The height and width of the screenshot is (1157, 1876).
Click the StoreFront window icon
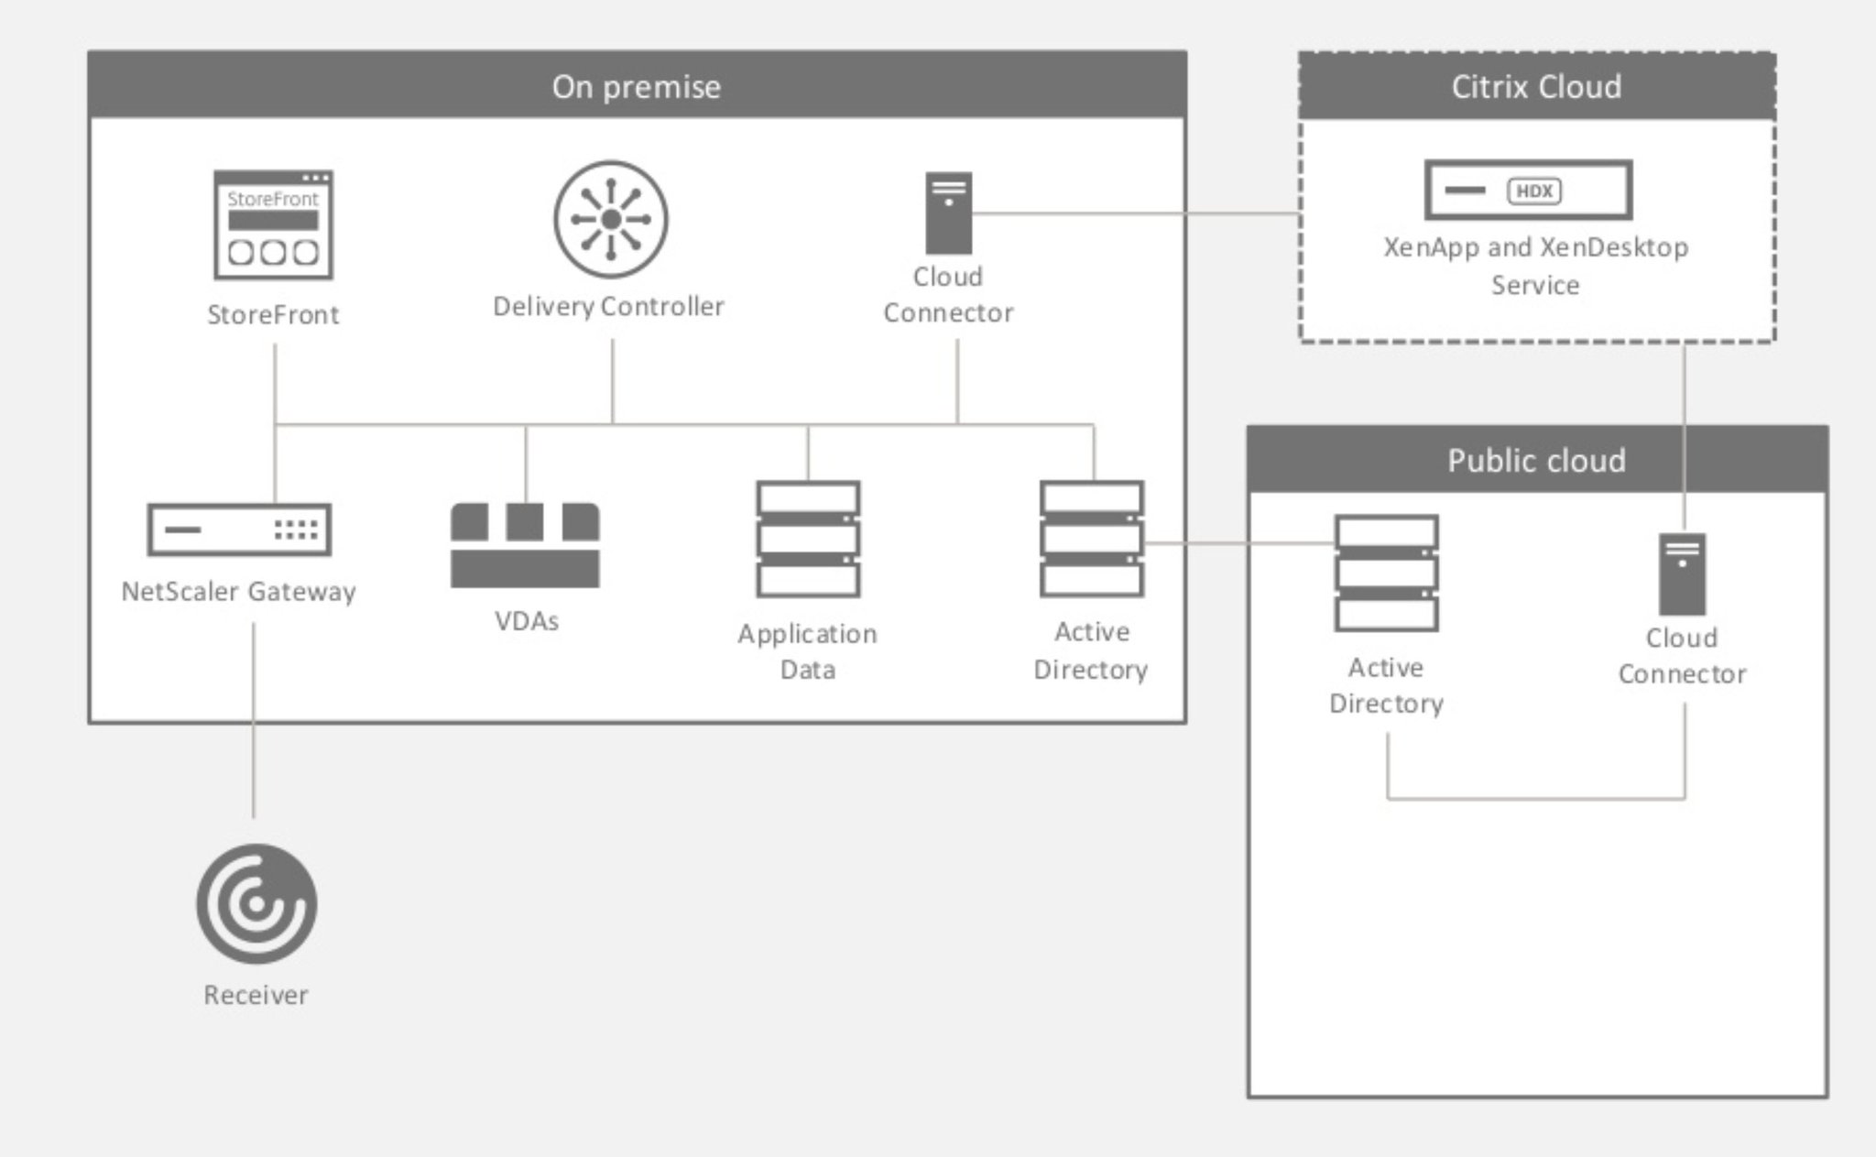click(x=273, y=225)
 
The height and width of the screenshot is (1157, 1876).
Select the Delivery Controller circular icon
click(x=611, y=220)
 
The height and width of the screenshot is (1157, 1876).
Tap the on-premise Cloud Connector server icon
click(x=948, y=213)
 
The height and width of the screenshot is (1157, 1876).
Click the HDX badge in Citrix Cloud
click(x=1534, y=191)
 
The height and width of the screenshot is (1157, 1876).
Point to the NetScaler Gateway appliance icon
click(x=239, y=529)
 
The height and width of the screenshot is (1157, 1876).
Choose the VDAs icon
click(x=525, y=545)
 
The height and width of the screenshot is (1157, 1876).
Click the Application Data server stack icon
click(x=808, y=539)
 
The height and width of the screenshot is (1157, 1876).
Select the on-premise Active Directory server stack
click(x=1091, y=539)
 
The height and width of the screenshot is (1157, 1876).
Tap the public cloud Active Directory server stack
click(x=1386, y=573)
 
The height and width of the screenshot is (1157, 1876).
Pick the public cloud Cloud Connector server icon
click(x=1682, y=574)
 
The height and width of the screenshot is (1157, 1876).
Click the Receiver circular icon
click(x=256, y=904)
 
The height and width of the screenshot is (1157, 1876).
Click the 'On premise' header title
click(x=637, y=86)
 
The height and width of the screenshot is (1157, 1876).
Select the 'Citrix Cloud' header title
click(x=1536, y=86)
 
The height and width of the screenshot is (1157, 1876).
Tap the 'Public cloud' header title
click(x=1536, y=460)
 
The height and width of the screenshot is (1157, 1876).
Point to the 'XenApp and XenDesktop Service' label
click(x=1535, y=266)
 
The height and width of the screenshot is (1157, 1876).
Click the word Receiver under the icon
click(x=256, y=995)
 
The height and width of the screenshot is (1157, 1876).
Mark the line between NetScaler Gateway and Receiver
click(x=254, y=724)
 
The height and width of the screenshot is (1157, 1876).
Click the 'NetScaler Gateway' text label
click(x=239, y=592)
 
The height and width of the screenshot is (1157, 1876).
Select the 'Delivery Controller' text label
click(x=608, y=306)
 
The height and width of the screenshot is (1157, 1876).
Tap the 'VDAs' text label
click(x=527, y=621)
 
